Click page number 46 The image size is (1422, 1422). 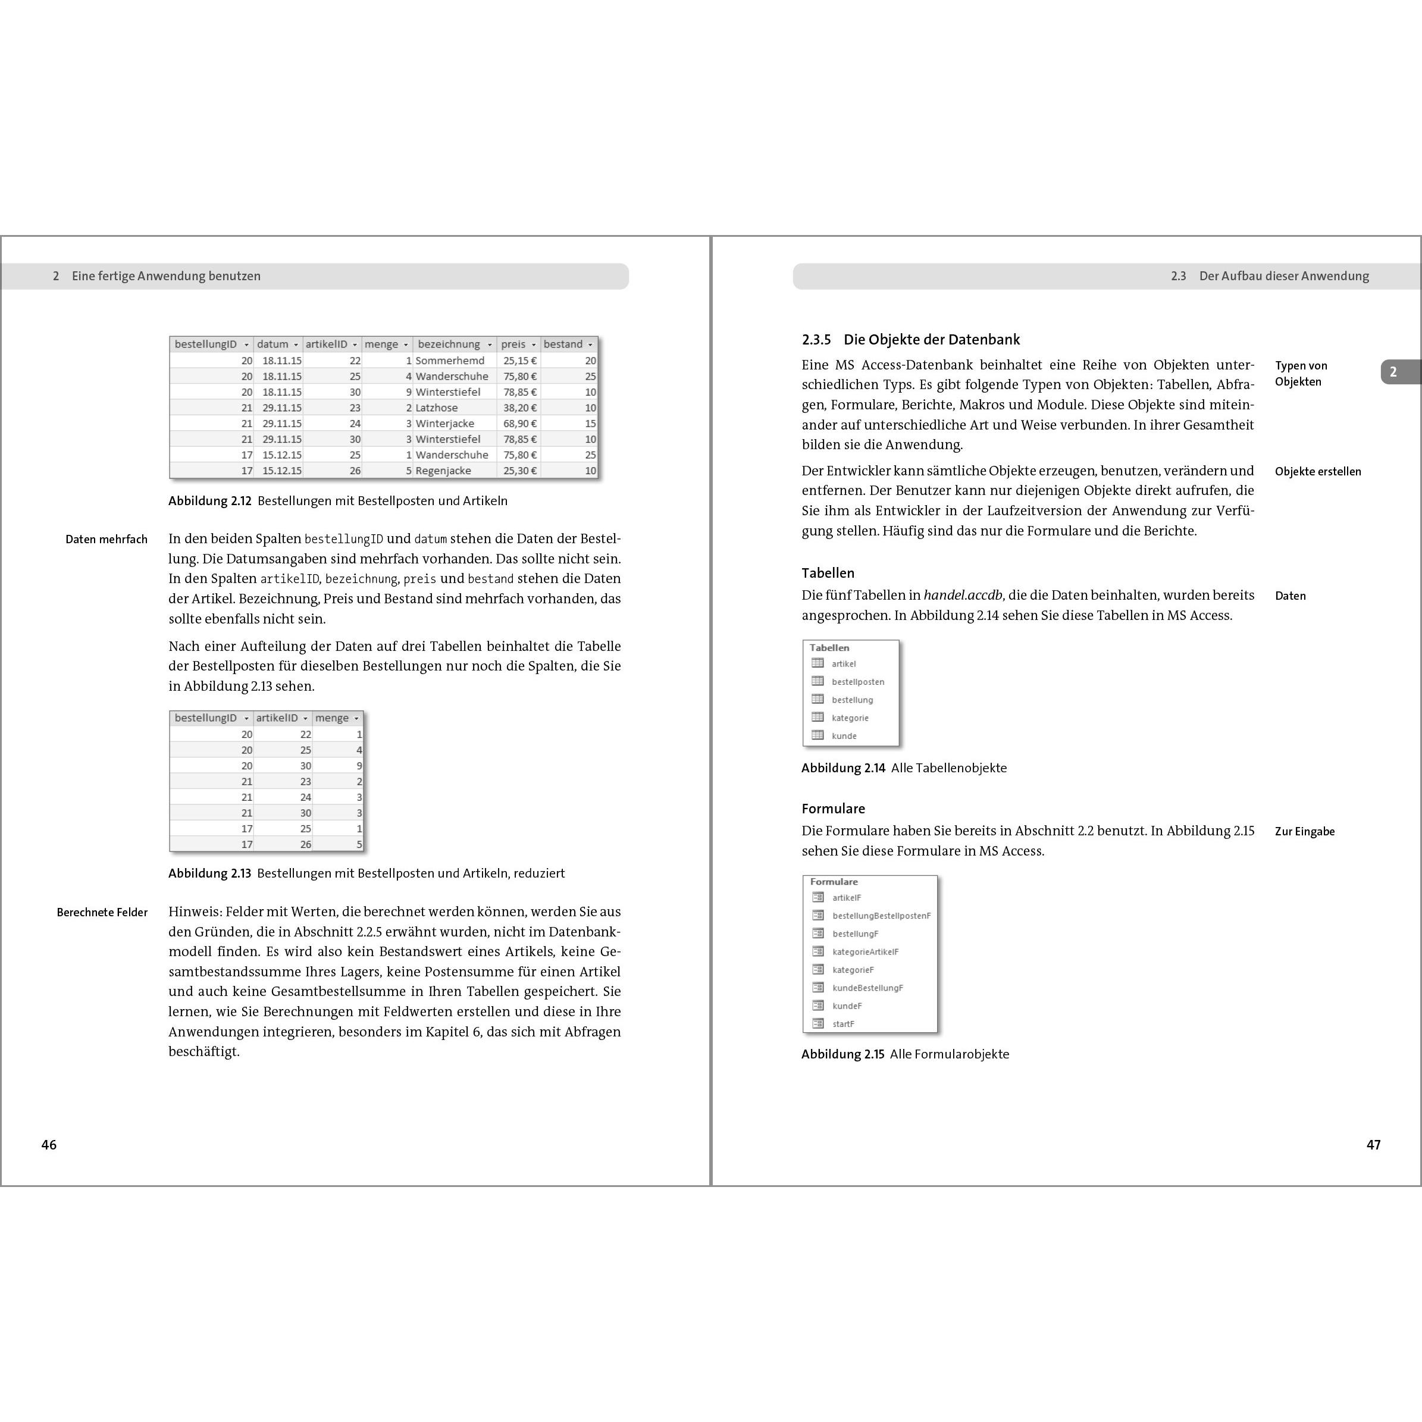point(49,1145)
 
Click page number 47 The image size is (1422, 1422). point(1373,1145)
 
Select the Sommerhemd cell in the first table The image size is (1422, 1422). point(450,361)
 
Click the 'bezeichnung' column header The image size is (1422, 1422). point(449,344)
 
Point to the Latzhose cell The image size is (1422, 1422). point(437,408)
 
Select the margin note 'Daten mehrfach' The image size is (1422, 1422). point(107,540)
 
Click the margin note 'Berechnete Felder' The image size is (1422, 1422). point(102,913)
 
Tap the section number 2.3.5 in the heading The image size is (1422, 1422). point(816,340)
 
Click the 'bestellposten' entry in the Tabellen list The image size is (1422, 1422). point(858,682)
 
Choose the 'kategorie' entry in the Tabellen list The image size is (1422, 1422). point(850,718)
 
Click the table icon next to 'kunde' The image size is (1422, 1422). point(818,735)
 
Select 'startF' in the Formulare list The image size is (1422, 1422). point(844,1025)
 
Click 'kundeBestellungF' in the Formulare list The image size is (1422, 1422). point(867,988)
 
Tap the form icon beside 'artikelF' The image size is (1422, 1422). point(818,897)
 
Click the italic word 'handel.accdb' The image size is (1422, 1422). point(963,596)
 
